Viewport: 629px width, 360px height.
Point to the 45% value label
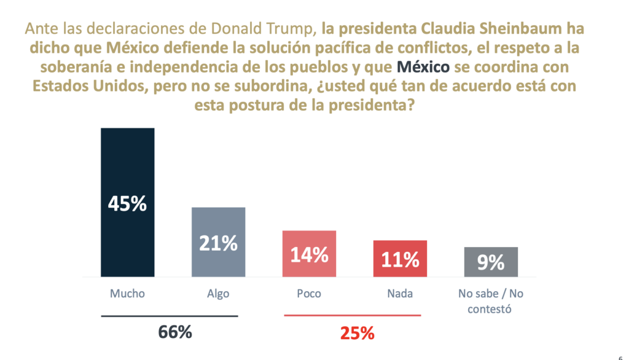click(x=127, y=203)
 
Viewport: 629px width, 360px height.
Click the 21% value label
click(x=218, y=243)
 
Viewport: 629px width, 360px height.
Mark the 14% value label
click(x=309, y=254)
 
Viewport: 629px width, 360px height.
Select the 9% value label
click(x=491, y=263)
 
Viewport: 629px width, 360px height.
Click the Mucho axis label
click(x=127, y=294)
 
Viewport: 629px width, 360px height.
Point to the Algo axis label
click(x=218, y=294)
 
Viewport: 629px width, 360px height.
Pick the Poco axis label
click(x=309, y=294)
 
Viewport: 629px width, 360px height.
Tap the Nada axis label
click(x=400, y=294)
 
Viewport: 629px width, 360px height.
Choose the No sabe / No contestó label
click(x=491, y=301)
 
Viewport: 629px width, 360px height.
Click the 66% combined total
click(x=175, y=332)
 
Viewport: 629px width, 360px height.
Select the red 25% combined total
click(x=357, y=334)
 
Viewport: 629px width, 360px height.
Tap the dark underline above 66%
click(x=169, y=316)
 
